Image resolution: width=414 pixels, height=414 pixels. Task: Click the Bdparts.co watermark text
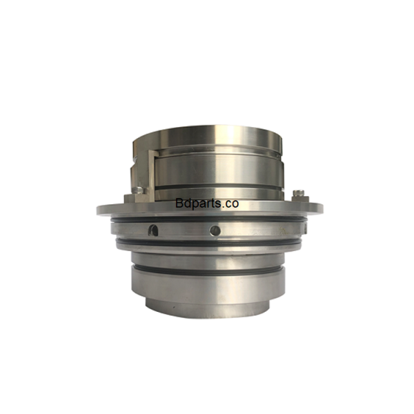pos(207,204)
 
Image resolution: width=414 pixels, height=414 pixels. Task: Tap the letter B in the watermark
pos(179,204)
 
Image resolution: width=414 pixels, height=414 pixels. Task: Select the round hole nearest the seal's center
pos(215,230)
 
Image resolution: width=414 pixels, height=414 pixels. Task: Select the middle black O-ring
pos(207,244)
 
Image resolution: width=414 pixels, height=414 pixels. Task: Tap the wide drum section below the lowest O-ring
pos(207,286)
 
